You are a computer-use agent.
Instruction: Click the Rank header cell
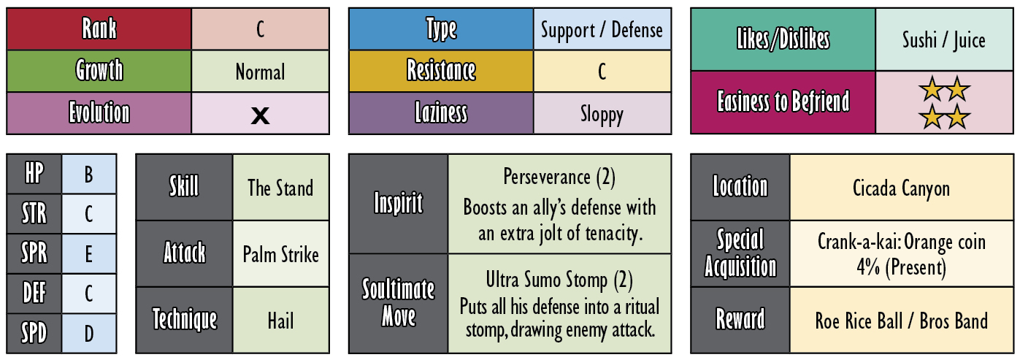tap(99, 28)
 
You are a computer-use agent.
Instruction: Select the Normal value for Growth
tap(260, 72)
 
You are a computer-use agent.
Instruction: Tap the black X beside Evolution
tap(260, 115)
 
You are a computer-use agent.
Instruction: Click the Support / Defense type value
tap(602, 30)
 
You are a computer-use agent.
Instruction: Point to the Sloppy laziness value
tap(602, 115)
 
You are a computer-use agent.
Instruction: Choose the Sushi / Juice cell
tap(944, 39)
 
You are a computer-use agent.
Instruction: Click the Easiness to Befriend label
tap(783, 102)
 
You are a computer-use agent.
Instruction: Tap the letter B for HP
tap(89, 174)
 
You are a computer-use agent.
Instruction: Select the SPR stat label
tap(34, 253)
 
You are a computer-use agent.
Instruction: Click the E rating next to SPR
tap(89, 253)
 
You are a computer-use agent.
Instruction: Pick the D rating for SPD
tap(89, 333)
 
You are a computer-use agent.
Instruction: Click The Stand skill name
tap(280, 188)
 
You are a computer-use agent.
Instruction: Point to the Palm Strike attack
tap(280, 254)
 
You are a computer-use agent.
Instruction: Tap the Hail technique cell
tap(280, 320)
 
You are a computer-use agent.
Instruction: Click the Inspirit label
tap(399, 203)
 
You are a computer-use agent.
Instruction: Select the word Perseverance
tap(546, 177)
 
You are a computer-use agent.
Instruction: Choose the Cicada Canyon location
tap(901, 188)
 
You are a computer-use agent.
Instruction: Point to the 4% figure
tap(868, 267)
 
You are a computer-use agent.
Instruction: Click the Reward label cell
tap(740, 320)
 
